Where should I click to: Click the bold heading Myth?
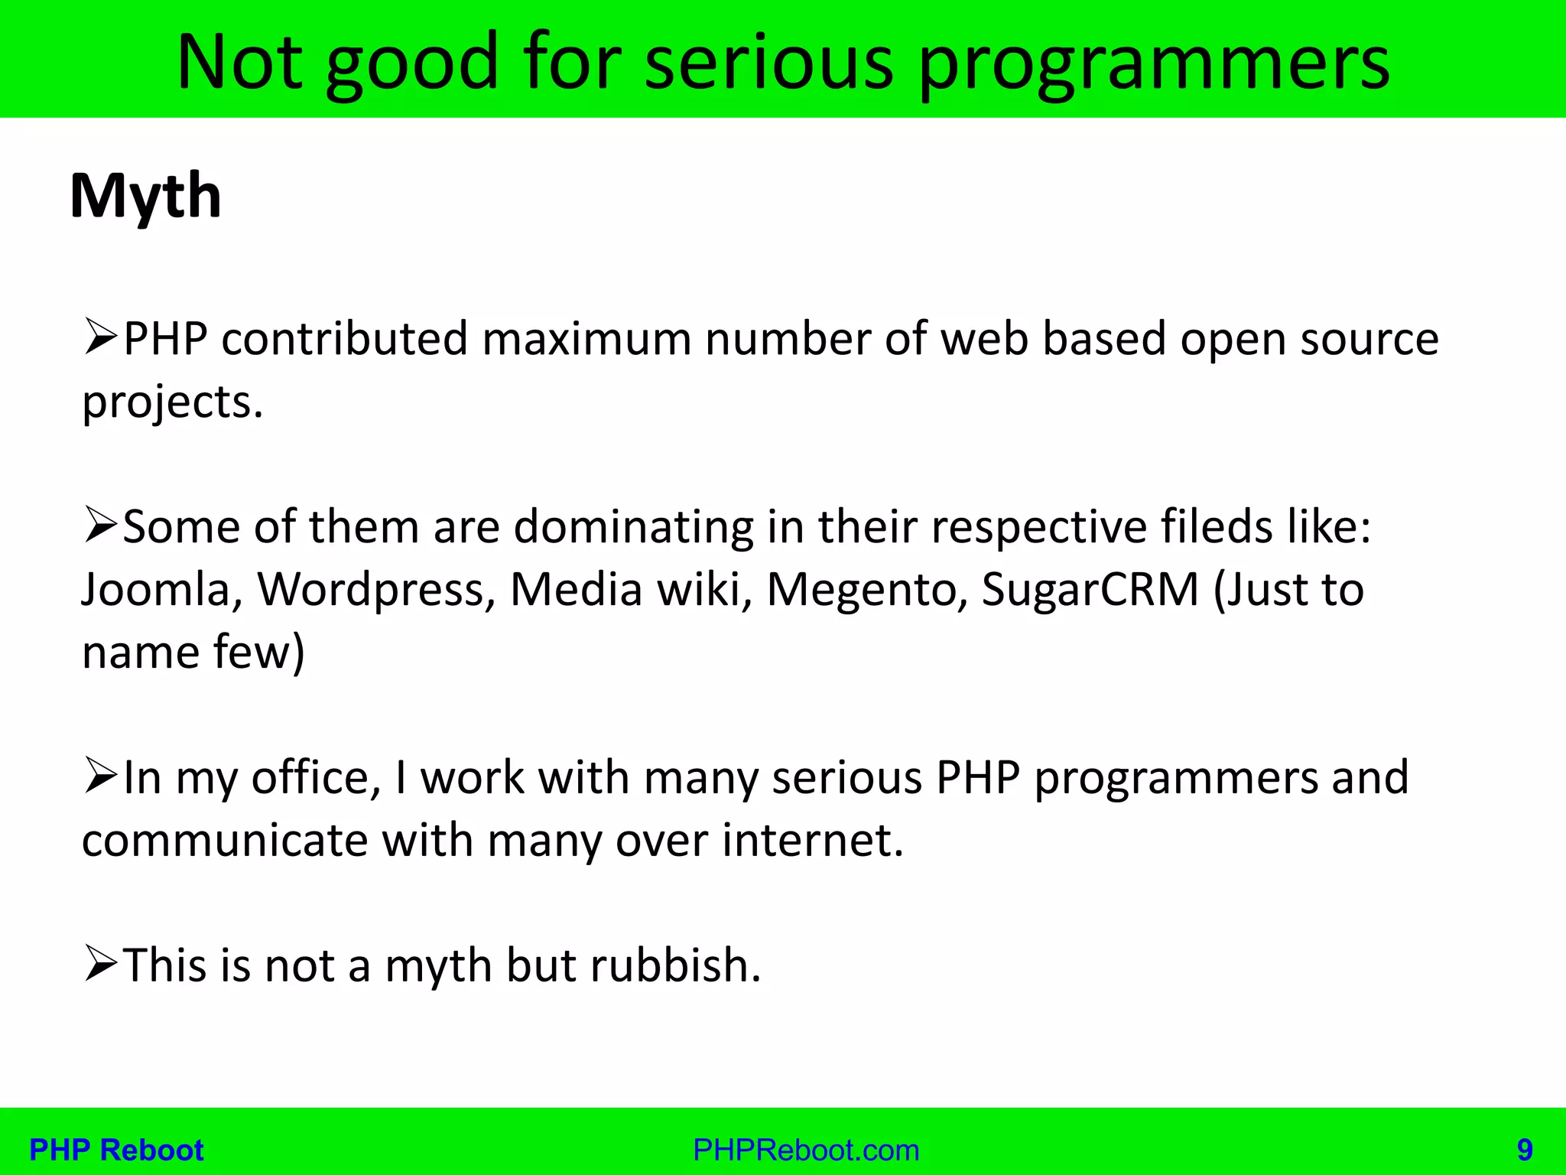click(x=145, y=197)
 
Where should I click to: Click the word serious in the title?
click(x=768, y=63)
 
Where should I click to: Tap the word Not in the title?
click(x=239, y=63)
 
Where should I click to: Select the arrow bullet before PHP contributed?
click(x=100, y=339)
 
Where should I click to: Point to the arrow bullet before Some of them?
click(x=100, y=526)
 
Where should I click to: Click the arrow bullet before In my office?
click(x=100, y=776)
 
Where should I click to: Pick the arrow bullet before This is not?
click(x=100, y=964)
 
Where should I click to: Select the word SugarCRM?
click(x=1090, y=590)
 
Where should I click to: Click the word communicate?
click(x=226, y=840)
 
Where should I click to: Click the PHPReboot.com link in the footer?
click(x=806, y=1150)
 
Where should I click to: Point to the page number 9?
click(x=1525, y=1150)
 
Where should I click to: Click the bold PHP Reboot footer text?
click(x=116, y=1150)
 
